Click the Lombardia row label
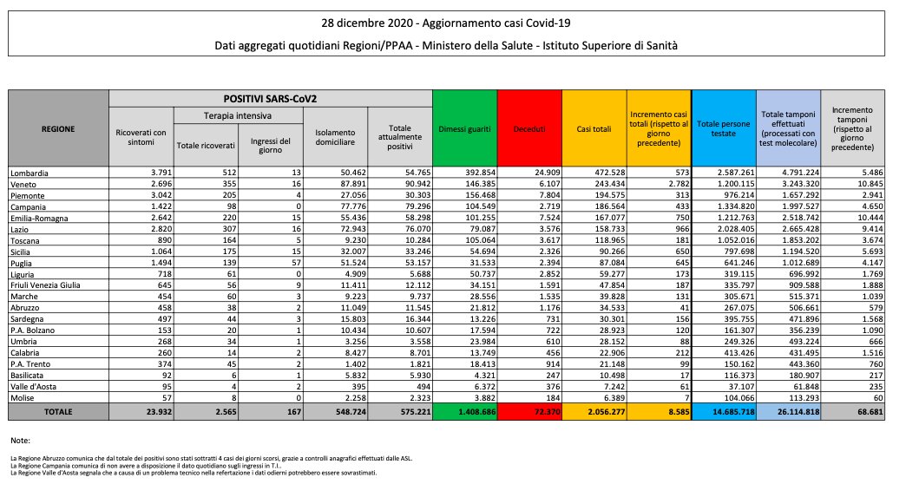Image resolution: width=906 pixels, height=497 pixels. (30, 173)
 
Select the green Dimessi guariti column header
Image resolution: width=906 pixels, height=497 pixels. (465, 128)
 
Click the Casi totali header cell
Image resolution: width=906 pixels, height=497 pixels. (594, 128)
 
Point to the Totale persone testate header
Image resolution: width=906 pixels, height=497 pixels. (724, 128)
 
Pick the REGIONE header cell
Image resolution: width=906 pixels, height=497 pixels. (58, 128)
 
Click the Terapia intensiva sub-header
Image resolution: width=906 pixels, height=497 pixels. (237, 114)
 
